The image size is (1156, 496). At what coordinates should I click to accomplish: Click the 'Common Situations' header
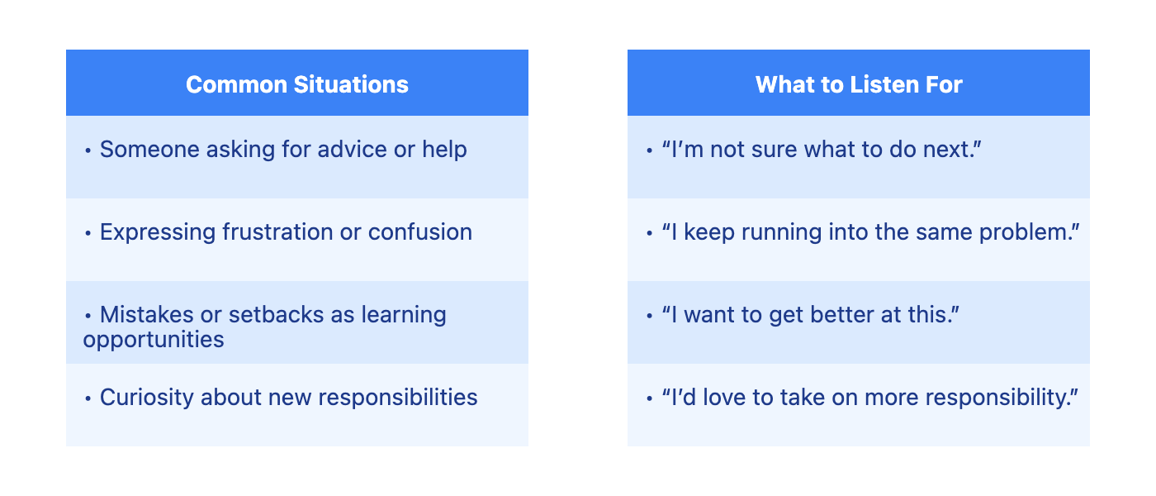tap(296, 84)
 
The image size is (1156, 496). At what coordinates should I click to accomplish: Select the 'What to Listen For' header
tap(859, 84)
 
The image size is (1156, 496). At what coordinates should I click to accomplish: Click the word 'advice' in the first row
tap(352, 150)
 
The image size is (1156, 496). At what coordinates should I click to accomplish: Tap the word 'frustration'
tap(277, 232)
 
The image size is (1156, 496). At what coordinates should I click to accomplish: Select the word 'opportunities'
tap(154, 341)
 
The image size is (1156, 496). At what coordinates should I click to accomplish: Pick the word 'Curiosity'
tap(147, 398)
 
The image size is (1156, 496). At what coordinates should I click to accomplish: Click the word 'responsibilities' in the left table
tap(398, 398)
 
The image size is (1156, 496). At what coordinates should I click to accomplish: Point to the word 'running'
tap(781, 232)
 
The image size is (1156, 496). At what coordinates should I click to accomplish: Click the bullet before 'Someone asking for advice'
tap(88, 150)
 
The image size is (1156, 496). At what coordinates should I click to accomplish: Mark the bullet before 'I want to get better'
tap(650, 316)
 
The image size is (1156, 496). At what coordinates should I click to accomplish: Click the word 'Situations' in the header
tap(351, 84)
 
